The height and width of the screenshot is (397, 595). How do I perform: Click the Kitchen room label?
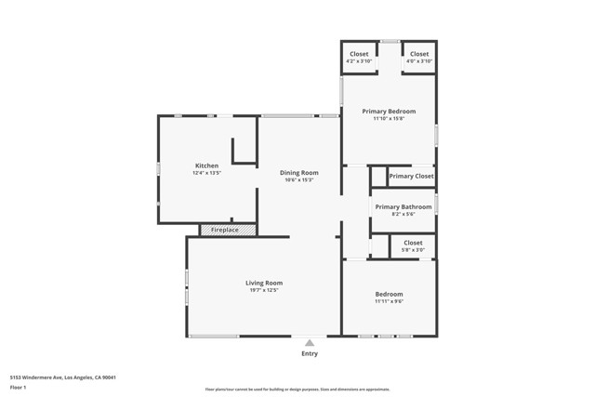pyautogui.click(x=206, y=165)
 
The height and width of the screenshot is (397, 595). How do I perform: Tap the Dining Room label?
pyautogui.click(x=299, y=172)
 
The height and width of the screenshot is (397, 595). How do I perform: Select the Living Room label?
pyautogui.click(x=264, y=283)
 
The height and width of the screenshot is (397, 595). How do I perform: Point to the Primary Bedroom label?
pyautogui.click(x=389, y=111)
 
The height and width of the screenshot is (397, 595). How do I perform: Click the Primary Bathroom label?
pyautogui.click(x=403, y=206)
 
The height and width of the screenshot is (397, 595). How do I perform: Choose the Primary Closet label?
pyautogui.click(x=411, y=176)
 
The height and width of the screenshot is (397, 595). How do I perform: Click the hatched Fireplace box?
pyautogui.click(x=227, y=230)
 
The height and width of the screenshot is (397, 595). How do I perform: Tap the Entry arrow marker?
pyautogui.click(x=310, y=342)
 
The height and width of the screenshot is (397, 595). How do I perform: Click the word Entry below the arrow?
pyautogui.click(x=310, y=353)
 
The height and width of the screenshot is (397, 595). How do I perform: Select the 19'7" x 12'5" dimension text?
pyautogui.click(x=264, y=290)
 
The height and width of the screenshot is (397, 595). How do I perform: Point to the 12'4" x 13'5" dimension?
pyautogui.click(x=206, y=173)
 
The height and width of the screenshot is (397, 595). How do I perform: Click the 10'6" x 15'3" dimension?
pyautogui.click(x=299, y=179)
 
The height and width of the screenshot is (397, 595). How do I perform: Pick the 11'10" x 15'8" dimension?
pyautogui.click(x=389, y=118)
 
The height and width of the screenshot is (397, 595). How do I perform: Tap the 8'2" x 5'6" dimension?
pyautogui.click(x=403, y=214)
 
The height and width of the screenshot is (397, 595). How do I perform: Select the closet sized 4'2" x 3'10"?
pyautogui.click(x=359, y=58)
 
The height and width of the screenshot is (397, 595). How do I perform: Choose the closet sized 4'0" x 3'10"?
pyautogui.click(x=419, y=58)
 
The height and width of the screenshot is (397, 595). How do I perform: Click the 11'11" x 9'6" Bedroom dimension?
pyautogui.click(x=389, y=301)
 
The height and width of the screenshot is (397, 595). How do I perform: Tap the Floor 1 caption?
pyautogui.click(x=19, y=387)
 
